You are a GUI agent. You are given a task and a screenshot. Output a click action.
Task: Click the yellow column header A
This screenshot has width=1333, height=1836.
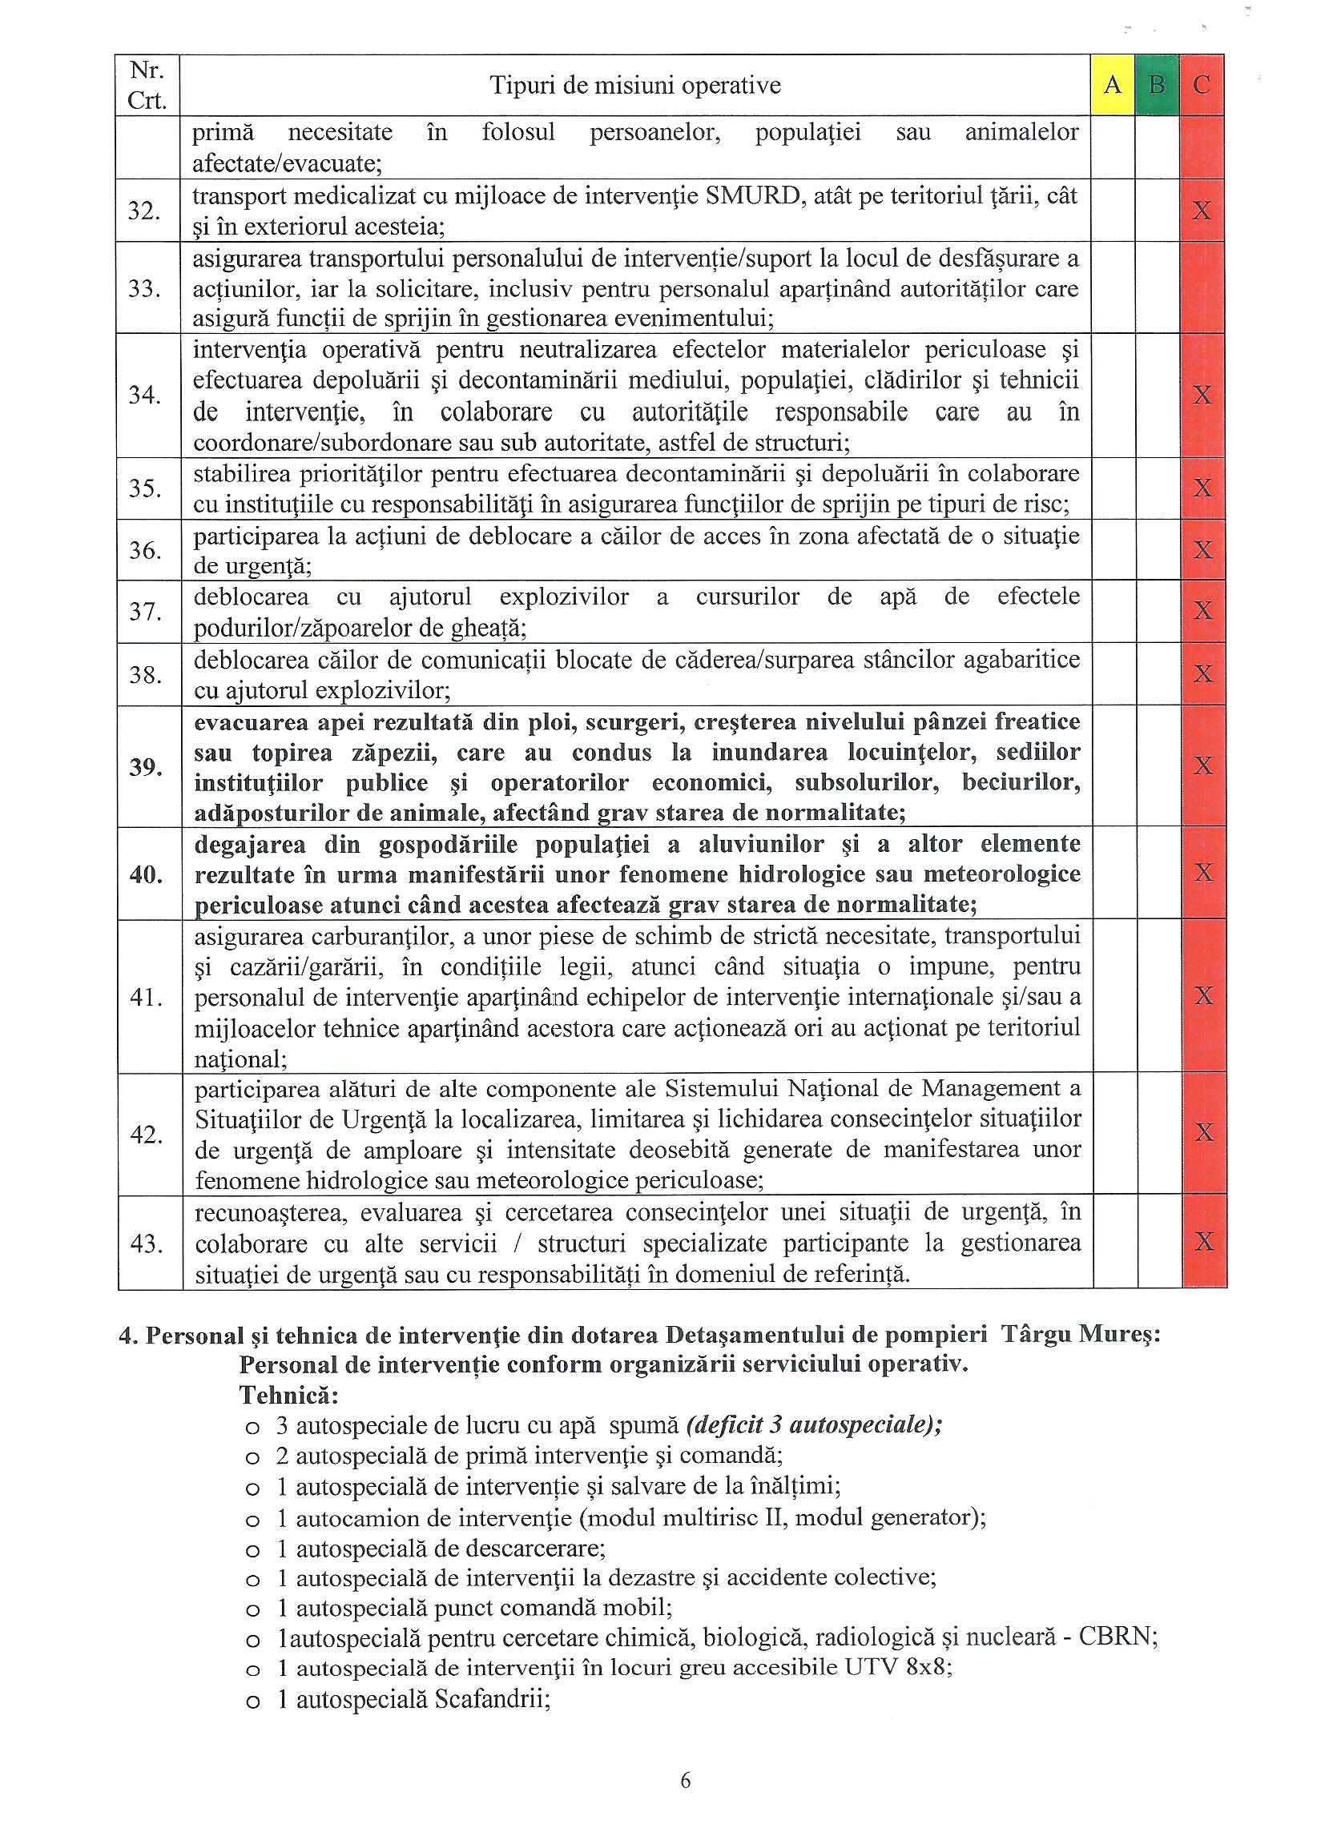[x=1112, y=84]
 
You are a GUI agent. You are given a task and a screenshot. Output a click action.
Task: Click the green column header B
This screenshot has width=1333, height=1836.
[x=1158, y=84]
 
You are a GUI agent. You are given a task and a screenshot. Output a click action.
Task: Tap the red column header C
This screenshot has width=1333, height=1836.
[x=1202, y=84]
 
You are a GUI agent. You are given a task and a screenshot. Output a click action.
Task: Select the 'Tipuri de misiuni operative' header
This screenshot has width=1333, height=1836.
[x=635, y=85]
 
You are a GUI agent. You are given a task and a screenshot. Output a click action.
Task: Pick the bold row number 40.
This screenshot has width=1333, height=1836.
[x=147, y=874]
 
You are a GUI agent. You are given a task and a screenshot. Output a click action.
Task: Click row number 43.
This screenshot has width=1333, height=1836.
[x=147, y=1243]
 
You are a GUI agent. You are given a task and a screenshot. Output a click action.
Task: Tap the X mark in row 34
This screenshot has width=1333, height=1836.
[x=1203, y=395]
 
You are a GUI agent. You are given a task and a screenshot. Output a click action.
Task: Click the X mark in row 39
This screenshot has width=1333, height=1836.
[x=1203, y=765]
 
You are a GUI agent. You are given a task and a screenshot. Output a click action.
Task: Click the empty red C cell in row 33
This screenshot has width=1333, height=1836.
[x=1202, y=289]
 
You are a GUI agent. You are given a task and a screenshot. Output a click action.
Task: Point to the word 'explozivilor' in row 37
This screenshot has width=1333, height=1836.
[x=564, y=597]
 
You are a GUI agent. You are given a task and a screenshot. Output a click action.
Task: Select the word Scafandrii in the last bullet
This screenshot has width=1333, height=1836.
[x=493, y=1699]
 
